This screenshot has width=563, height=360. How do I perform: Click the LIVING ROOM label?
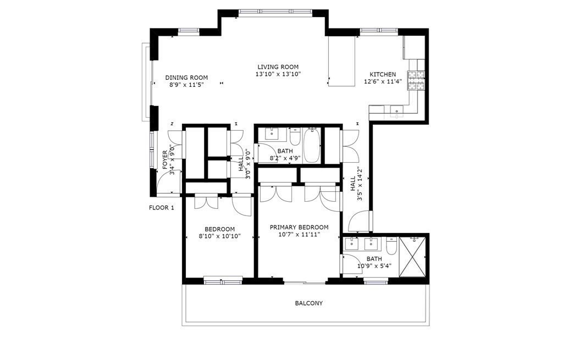278,67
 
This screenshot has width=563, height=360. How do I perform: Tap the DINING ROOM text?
186,77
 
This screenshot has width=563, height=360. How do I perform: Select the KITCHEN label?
383,74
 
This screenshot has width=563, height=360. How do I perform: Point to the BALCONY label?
309,303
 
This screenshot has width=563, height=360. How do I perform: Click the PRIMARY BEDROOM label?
299,227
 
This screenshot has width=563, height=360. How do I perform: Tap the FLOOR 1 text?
162,207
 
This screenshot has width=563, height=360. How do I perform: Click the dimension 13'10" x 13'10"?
278,74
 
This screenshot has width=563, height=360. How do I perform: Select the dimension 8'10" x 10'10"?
220,236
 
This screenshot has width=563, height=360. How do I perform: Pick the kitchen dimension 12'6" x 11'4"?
383,81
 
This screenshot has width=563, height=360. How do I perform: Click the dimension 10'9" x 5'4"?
374,266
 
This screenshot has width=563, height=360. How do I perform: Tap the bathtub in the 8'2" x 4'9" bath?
312,145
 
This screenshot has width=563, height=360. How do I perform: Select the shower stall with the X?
412,257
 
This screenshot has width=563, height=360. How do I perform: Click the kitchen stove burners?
416,80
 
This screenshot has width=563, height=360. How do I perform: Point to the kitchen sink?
396,110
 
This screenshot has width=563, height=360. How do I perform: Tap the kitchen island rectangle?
342,61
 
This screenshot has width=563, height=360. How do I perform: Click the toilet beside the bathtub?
295,136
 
